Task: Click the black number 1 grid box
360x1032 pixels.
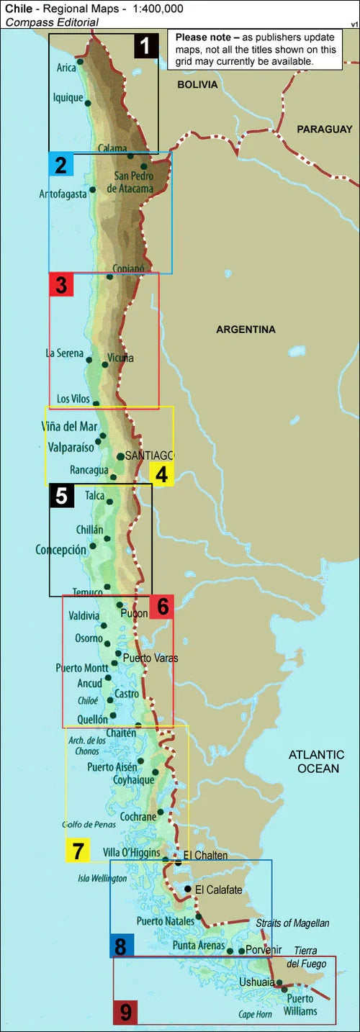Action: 145,47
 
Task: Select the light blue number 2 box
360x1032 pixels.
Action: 60,166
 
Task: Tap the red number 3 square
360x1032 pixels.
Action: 60,285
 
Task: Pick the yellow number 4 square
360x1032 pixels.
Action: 161,475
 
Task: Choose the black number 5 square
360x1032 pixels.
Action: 61,496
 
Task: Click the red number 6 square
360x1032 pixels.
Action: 162,607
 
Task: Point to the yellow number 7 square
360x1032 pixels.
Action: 77,851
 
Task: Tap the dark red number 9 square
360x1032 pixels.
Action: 126,1013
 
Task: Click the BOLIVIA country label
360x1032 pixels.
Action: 198,84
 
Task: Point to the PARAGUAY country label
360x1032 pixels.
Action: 324,129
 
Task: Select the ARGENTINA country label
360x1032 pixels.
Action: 246,330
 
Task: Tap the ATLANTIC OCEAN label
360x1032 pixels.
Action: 317,761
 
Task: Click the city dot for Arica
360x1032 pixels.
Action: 79,62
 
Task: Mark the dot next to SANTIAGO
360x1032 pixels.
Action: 120,456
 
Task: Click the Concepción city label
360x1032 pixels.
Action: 60,549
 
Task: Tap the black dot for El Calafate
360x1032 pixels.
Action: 187,890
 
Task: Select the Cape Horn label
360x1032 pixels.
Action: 255,1014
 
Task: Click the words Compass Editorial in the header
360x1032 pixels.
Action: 52,22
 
